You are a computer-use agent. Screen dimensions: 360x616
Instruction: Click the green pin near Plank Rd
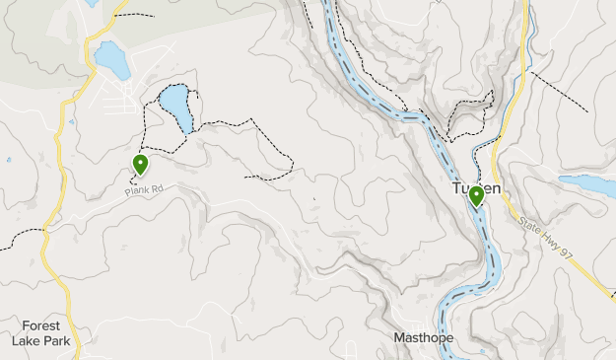[x=141, y=165]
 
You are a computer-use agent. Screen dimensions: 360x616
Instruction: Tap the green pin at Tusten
[x=476, y=196]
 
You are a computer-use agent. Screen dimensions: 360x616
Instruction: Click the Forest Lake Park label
[x=40, y=332]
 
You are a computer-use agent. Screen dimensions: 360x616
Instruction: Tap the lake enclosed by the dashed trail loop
[x=176, y=107]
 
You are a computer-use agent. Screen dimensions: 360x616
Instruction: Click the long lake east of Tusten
[x=587, y=184]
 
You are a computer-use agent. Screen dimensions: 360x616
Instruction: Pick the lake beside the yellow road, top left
[x=110, y=60]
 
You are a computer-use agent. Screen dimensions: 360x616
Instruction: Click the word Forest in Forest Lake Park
[x=40, y=325]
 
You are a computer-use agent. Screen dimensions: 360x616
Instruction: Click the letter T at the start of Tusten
[x=456, y=188]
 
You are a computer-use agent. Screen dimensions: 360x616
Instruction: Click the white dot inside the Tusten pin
[x=476, y=193]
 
